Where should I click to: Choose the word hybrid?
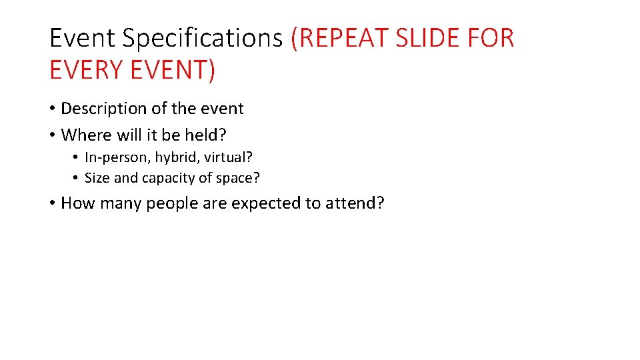[x=172, y=158]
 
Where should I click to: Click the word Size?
[x=97, y=178]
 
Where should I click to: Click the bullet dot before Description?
[x=52, y=109]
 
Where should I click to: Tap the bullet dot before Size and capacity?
[x=77, y=179]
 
